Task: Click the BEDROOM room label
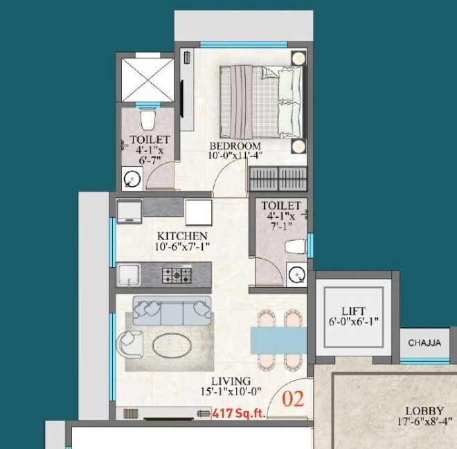pos(235,146)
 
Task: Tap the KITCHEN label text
pos(182,236)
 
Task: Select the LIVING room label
pos(232,381)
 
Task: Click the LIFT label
pos(353,311)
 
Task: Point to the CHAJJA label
pos(424,342)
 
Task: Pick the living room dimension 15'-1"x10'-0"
pos(232,392)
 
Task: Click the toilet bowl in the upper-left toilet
pos(147,122)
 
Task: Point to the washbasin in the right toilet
pos(296,275)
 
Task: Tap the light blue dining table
pos(278,339)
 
